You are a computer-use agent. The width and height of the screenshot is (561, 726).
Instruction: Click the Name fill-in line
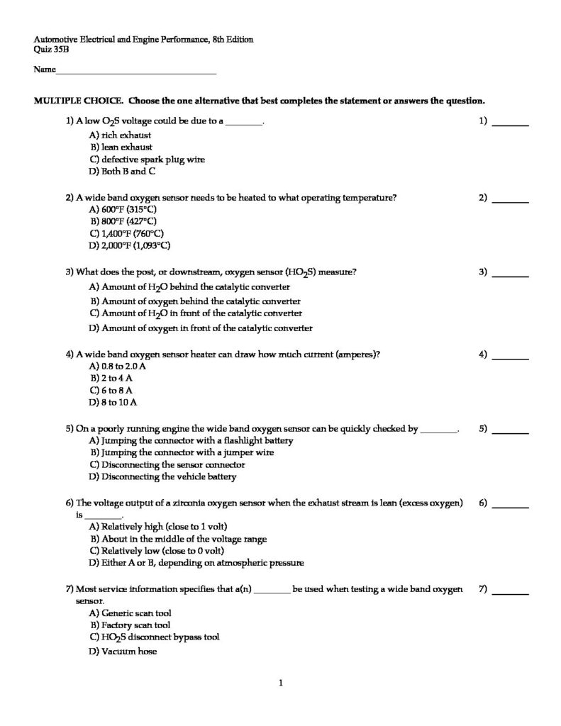pos(135,72)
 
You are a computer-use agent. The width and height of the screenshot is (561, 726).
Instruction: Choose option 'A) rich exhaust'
pos(120,135)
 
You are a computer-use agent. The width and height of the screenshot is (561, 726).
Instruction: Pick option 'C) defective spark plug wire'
pos(147,160)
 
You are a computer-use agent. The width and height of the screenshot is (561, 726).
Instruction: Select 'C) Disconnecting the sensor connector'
pos(167,465)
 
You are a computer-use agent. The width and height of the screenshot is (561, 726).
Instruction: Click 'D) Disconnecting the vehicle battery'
pos(162,477)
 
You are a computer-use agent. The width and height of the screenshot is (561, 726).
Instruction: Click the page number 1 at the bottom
pos(281,683)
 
